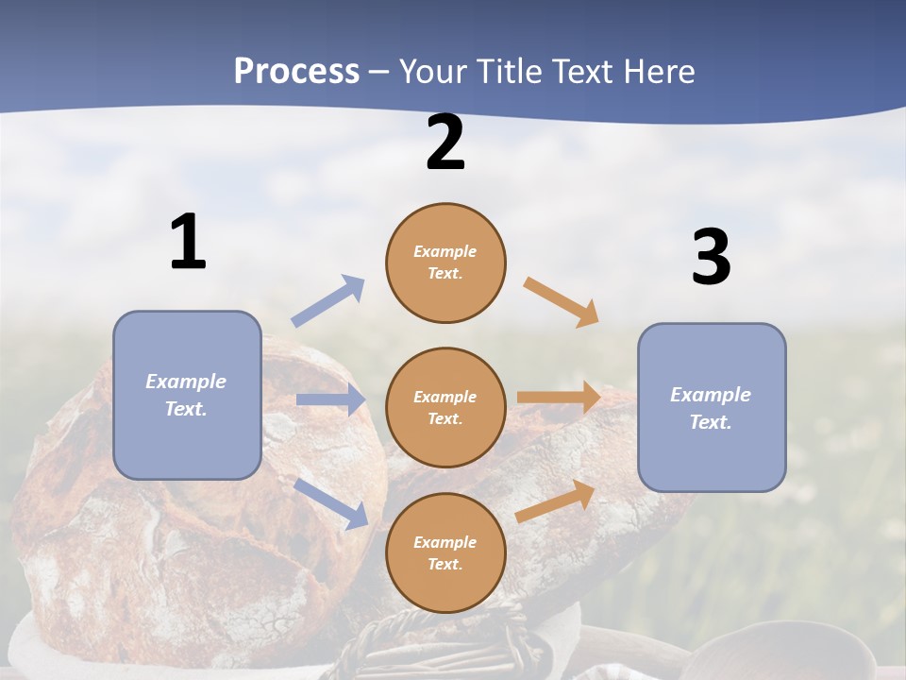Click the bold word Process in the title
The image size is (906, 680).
296,72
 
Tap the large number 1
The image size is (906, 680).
188,243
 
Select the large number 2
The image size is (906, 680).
445,144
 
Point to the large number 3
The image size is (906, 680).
711,258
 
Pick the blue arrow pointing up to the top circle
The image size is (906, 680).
328,301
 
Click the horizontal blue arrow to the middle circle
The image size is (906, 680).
330,399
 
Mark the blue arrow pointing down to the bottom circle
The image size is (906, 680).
331,502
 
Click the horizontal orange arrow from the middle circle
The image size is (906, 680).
559,397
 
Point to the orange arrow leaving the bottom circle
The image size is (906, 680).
556,501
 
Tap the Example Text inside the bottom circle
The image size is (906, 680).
445,553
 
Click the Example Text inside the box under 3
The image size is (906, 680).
711,408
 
